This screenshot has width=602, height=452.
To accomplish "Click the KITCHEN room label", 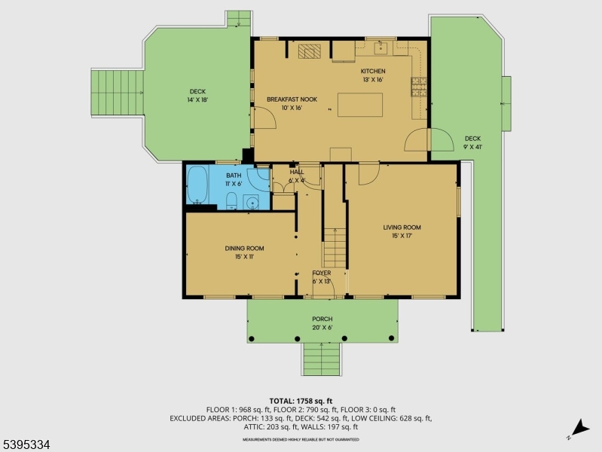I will pos(373,72).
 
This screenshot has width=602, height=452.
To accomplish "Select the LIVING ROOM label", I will pos(402,228).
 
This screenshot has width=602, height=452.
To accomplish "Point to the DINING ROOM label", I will pos(244,248).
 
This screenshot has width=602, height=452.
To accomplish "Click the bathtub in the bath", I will pos(197,185).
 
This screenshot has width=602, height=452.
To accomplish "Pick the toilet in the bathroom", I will pos(231,200).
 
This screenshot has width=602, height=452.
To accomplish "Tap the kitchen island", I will pos(359,104).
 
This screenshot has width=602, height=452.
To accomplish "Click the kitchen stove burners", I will pos(419,87).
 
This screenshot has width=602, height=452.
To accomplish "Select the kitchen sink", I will pos(381,48).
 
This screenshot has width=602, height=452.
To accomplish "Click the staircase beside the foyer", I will pos(335,247).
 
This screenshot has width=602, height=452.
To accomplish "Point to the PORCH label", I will pos(322,319).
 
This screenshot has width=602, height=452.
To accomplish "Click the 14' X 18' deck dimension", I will pos(197,99).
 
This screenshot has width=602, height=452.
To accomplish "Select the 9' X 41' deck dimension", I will pos(472,147).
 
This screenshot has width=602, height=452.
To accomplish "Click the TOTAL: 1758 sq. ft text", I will pos(300,401).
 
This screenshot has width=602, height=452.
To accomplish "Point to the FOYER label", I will pos(322,273).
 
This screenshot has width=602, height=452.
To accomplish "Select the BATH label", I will pos(234,176).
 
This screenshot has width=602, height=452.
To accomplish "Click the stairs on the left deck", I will pos(117,92).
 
